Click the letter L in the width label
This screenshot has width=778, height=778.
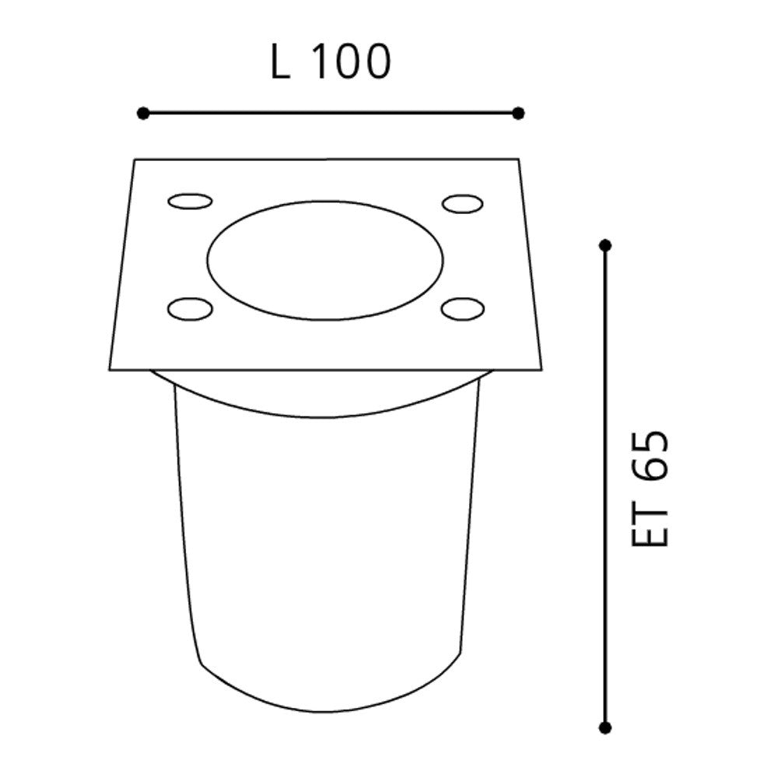coord(280,61)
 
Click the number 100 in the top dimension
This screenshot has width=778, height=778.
coord(352,61)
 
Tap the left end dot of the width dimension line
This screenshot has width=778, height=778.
coord(143,114)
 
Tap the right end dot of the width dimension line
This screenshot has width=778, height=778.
coord(518,114)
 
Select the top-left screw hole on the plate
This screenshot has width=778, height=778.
coord(190,202)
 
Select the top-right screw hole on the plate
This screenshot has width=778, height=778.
coord(462,203)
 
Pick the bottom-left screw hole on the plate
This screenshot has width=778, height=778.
coord(190,309)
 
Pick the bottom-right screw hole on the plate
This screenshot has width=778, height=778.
coord(463,309)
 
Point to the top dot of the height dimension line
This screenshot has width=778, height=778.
coord(605,245)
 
